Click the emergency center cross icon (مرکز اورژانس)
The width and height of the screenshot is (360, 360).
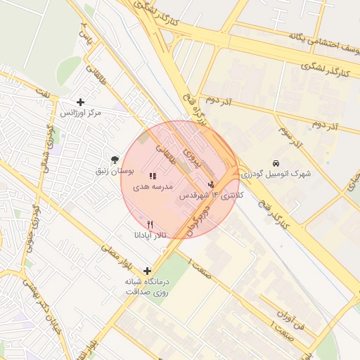point(80,102)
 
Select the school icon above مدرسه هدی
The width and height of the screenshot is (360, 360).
point(153,176)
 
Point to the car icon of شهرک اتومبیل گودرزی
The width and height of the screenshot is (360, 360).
point(277,161)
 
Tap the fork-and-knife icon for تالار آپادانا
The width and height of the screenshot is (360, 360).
point(150,224)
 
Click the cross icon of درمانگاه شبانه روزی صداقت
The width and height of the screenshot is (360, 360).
point(147,271)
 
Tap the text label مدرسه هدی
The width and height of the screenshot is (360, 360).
point(153,188)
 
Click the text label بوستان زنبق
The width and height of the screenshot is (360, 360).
point(115,172)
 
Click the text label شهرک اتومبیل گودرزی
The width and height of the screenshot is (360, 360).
point(277,173)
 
